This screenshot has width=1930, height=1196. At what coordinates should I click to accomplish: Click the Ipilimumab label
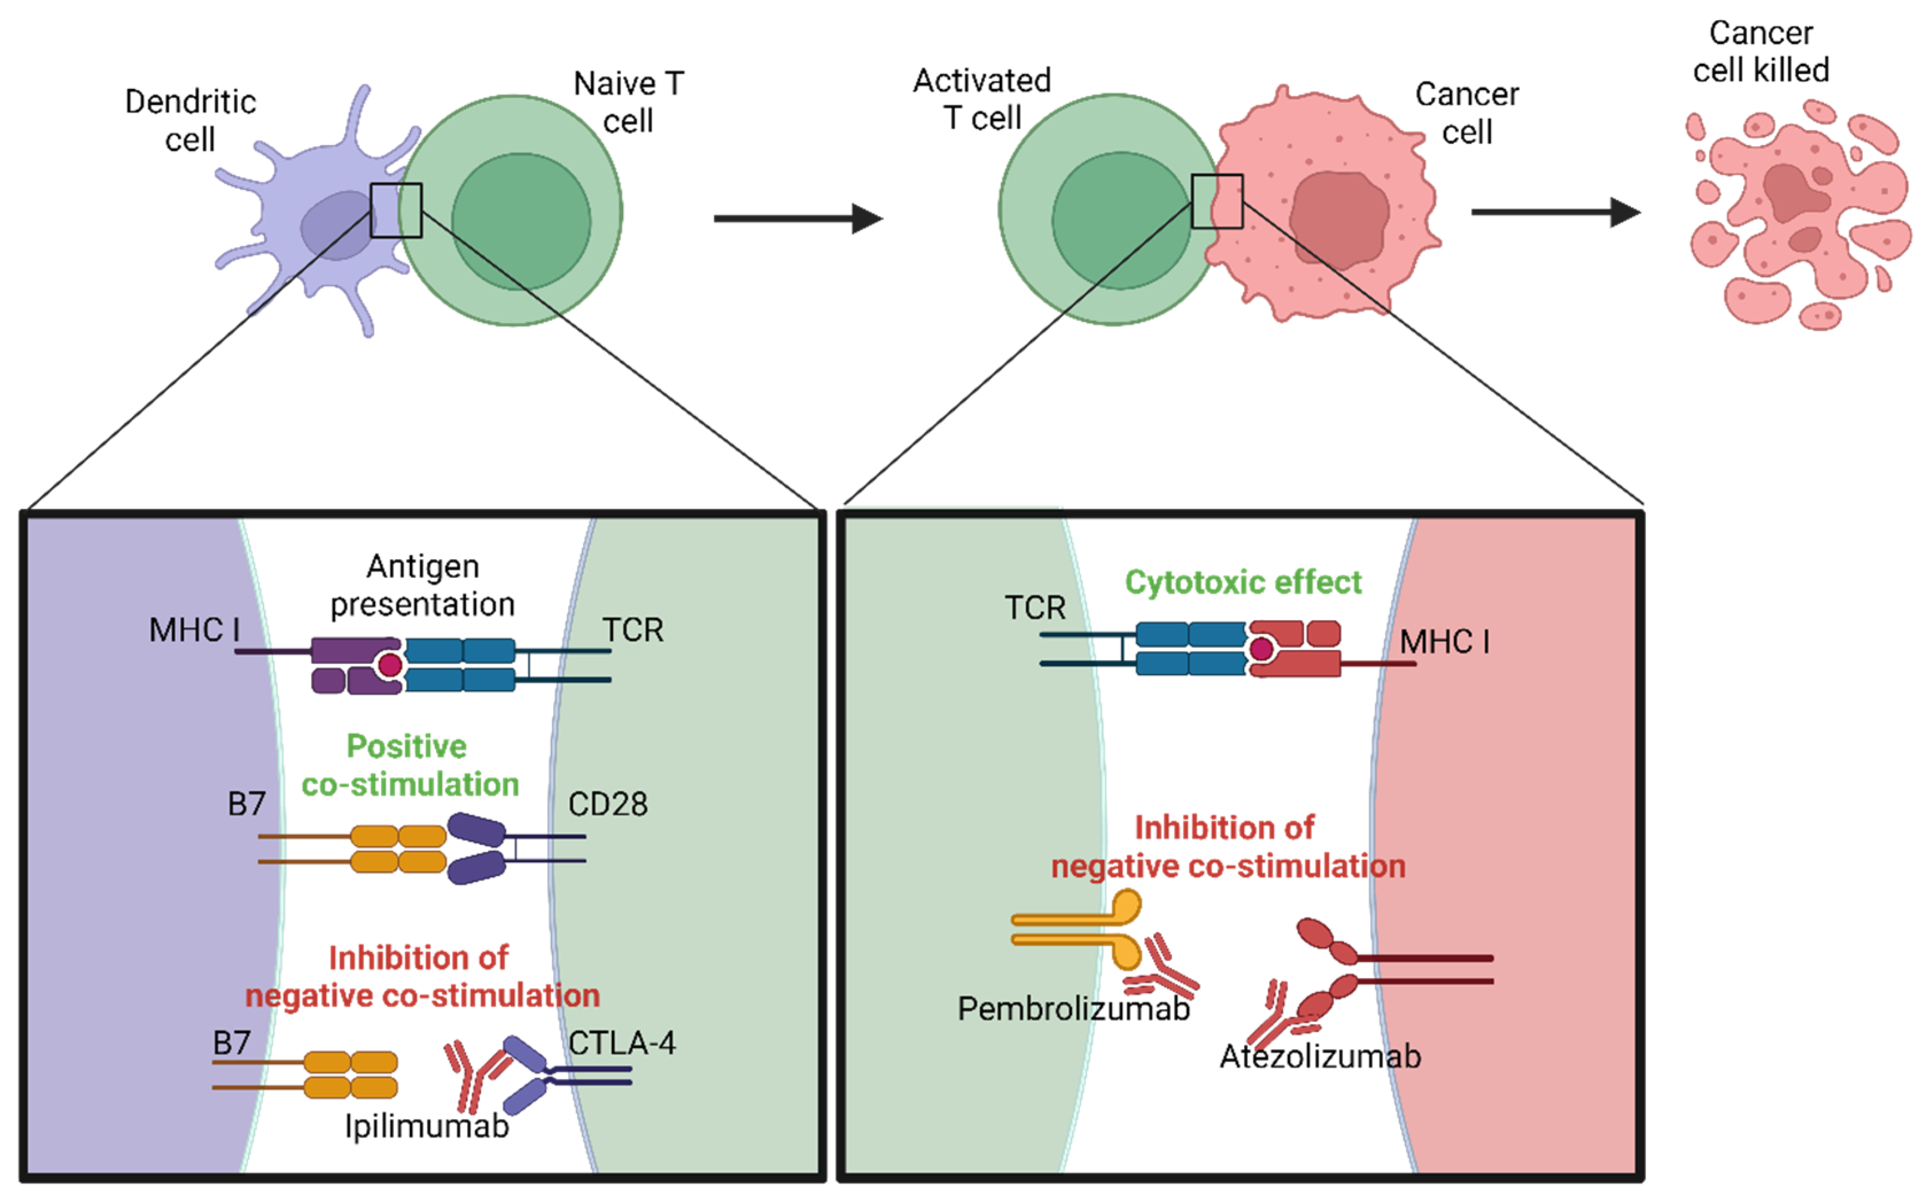[426, 1125]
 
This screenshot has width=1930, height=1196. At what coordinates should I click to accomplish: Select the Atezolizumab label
[1320, 1056]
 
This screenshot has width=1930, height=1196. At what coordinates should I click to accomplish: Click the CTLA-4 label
[622, 1043]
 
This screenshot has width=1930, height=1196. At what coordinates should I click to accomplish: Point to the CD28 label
[608, 804]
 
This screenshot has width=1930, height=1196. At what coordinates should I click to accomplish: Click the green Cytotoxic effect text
[1243, 582]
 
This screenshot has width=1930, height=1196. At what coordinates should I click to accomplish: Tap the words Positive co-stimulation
[410, 765]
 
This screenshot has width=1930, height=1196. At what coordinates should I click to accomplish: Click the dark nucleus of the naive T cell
[520, 221]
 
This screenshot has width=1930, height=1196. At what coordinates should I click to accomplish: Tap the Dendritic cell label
[190, 120]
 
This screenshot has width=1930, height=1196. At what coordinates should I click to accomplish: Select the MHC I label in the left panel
[194, 630]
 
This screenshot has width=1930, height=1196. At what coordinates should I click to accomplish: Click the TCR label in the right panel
[1034, 608]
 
